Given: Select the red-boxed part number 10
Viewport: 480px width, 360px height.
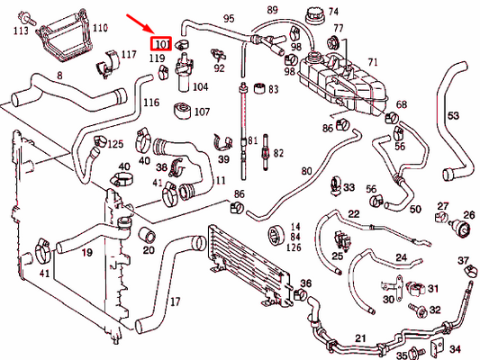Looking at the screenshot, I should click(162, 43).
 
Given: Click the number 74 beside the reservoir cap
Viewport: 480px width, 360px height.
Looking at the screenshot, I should click(333, 13).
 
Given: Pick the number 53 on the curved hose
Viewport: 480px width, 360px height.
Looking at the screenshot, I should click(453, 114).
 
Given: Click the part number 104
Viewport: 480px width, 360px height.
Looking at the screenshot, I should click(200, 87).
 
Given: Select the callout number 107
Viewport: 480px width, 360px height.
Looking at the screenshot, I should click(202, 112).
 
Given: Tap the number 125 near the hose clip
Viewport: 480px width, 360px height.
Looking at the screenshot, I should click(115, 144).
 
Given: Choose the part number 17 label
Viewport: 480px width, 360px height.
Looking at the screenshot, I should click(176, 301).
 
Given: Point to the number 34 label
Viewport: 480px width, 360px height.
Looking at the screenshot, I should click(455, 348).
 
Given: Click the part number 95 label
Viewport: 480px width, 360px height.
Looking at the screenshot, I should click(229, 19).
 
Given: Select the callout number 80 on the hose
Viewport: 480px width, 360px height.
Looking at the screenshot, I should click(306, 171).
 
